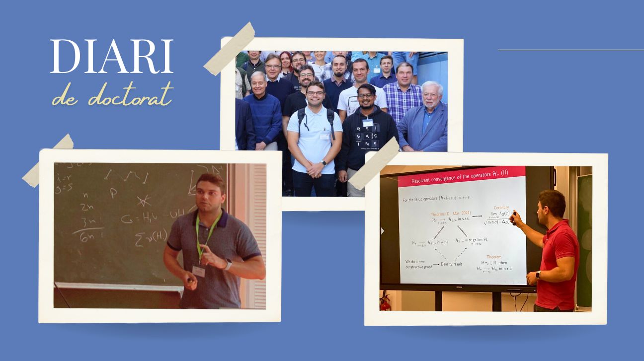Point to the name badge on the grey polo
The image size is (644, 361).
198,271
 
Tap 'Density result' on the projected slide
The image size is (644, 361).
452,264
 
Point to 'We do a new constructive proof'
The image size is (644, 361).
417,264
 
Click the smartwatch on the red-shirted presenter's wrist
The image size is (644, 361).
538,275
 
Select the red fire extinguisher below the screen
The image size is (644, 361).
385,302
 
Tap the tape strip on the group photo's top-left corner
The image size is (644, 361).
230,49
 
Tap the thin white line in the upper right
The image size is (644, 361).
570,50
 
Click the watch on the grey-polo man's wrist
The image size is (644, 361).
228,264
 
